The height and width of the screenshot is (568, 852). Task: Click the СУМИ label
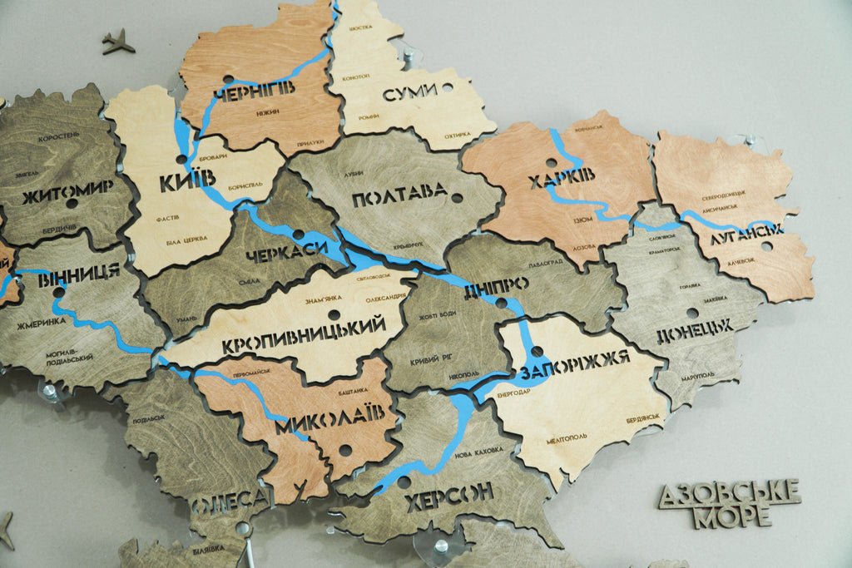(410, 94)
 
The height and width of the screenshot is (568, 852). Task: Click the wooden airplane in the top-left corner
(117, 41)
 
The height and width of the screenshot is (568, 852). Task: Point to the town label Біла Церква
(186, 240)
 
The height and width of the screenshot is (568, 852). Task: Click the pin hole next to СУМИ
(448, 87)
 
